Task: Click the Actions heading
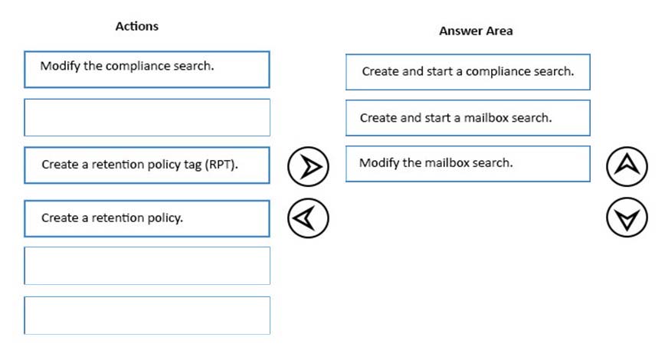coord(137,26)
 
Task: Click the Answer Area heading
coord(476,31)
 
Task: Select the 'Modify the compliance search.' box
coord(147,70)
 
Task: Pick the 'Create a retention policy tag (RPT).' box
coord(147,165)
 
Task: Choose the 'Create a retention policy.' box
coord(147,218)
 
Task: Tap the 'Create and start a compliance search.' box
coord(468,72)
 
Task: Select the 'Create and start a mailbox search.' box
coord(468,118)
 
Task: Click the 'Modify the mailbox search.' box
coord(468,164)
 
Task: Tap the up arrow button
coord(627,166)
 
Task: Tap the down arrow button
coord(627,218)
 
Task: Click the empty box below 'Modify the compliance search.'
coord(147,118)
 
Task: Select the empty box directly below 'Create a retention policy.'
coord(147,266)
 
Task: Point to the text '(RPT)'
coord(221,165)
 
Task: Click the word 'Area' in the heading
coord(499,31)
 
